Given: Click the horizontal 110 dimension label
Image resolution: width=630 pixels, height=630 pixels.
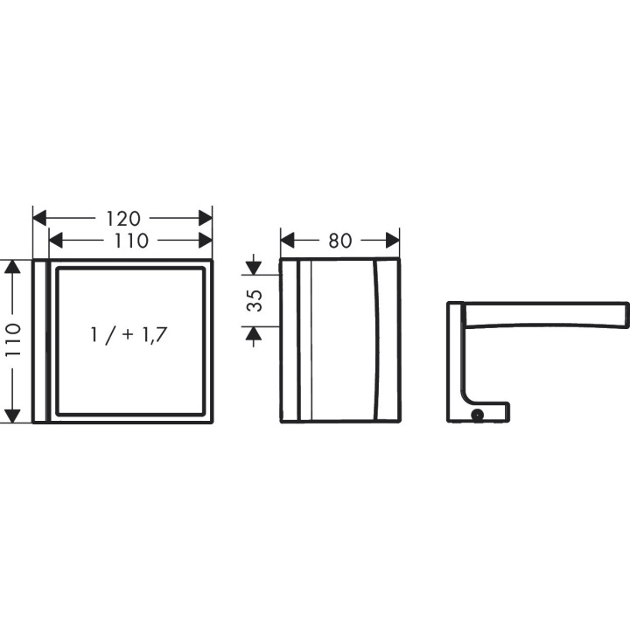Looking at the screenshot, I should coord(131,240).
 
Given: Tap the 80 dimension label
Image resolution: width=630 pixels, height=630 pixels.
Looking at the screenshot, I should coord(339,240).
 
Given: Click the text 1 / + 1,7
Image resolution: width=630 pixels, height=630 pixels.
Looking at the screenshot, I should coord(129,333).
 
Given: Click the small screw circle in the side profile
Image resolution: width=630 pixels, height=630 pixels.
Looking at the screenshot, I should coord(478,414).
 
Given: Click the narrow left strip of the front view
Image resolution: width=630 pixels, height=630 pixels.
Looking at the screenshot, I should coord(39,341).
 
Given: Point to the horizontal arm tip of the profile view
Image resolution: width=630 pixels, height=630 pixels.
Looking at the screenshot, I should coord(622,313).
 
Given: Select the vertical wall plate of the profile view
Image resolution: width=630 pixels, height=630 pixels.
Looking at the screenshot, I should coord(455,359).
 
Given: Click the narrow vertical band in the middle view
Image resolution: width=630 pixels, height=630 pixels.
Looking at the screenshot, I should coord(304,341).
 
